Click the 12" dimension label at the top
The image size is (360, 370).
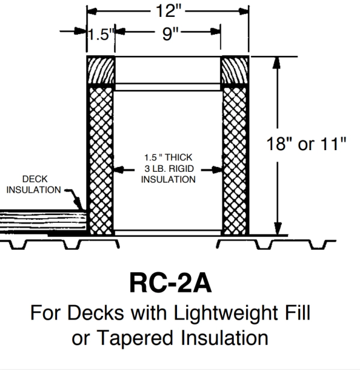coord(167,11)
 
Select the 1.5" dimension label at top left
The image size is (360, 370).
coord(99,34)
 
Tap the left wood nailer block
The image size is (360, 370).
coord(100,71)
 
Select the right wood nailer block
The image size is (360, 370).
coord(235,71)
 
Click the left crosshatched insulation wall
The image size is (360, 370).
coord(100,159)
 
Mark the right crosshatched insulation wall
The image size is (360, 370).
coord(235,159)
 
